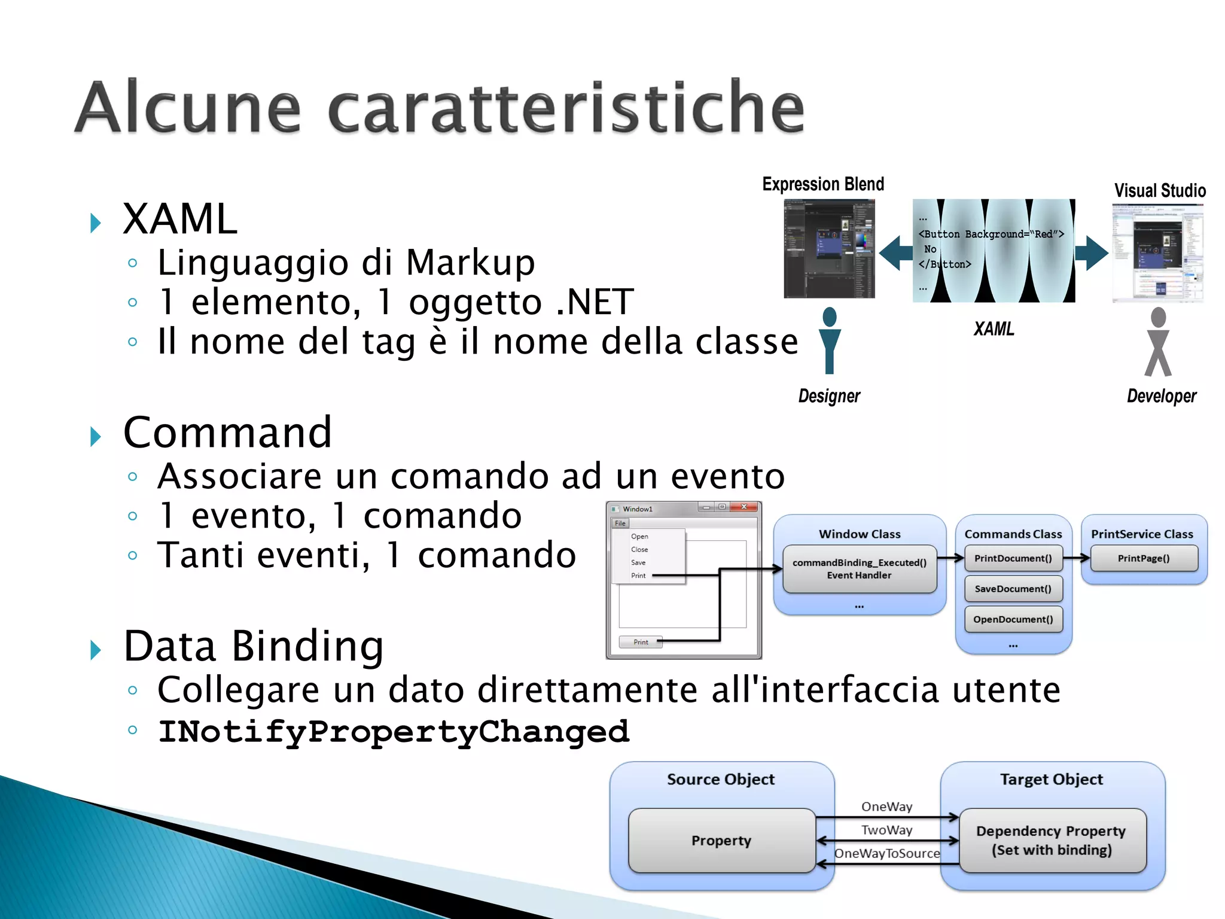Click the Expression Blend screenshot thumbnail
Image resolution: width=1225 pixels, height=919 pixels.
coord(829,249)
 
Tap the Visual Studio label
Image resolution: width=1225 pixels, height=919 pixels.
coord(1159,191)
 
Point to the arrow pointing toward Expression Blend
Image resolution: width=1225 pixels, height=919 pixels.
coord(896,252)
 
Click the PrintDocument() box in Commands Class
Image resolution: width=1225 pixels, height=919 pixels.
coord(1013,558)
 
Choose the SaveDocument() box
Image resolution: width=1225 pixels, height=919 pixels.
coord(1013,589)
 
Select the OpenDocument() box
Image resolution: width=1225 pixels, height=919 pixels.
coord(1013,619)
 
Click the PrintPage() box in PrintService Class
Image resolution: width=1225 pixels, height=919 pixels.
coord(1144,558)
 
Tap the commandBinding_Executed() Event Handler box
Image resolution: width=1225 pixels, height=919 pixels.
coord(859,569)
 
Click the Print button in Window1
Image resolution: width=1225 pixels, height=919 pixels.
coord(640,642)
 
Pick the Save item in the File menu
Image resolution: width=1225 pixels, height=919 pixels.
coord(638,562)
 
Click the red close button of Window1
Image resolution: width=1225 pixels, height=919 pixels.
coord(744,507)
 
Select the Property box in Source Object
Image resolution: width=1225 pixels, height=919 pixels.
coord(721,841)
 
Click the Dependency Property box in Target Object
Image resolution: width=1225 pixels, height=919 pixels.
coord(1052,841)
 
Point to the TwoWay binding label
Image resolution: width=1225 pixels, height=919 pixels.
coord(886,830)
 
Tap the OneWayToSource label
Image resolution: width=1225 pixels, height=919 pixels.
coord(887,854)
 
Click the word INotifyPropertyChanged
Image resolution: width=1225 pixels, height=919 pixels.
coord(394,732)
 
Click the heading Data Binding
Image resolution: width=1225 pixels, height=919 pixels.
coord(254,647)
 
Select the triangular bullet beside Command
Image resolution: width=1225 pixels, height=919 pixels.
coord(96,437)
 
